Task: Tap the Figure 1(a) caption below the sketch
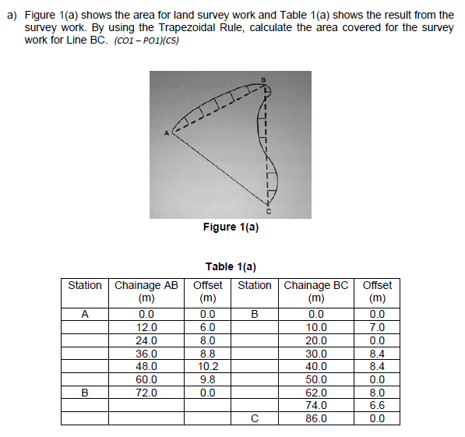[231, 227]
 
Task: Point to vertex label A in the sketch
[165, 132]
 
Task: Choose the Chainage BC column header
[316, 291]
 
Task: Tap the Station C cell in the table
[254, 418]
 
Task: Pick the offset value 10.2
[207, 366]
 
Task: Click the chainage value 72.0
[146, 393]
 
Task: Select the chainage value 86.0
[316, 418]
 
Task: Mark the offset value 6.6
[377, 405]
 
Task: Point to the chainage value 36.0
[146, 353]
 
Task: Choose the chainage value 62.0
[316, 393]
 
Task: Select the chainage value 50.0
[316, 379]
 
